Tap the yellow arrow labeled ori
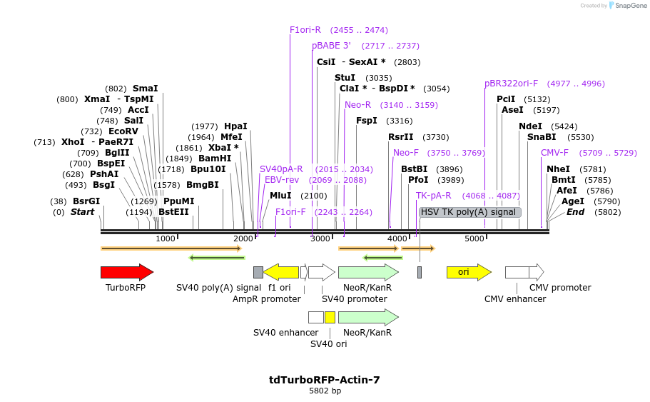(468, 272)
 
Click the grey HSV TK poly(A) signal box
(469, 212)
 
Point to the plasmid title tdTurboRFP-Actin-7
(324, 380)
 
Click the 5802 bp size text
(325, 391)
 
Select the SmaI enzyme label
(146, 89)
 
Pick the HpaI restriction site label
(235, 126)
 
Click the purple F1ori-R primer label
(305, 30)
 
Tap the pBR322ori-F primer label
(512, 84)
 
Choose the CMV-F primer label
(554, 153)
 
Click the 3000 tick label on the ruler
(320, 238)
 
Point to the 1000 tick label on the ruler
(166, 238)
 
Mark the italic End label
(575, 212)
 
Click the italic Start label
(82, 212)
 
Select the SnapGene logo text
(631, 6)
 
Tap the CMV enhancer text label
(515, 299)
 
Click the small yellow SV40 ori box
(330, 317)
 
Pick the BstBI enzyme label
(414, 169)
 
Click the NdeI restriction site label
(530, 126)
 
